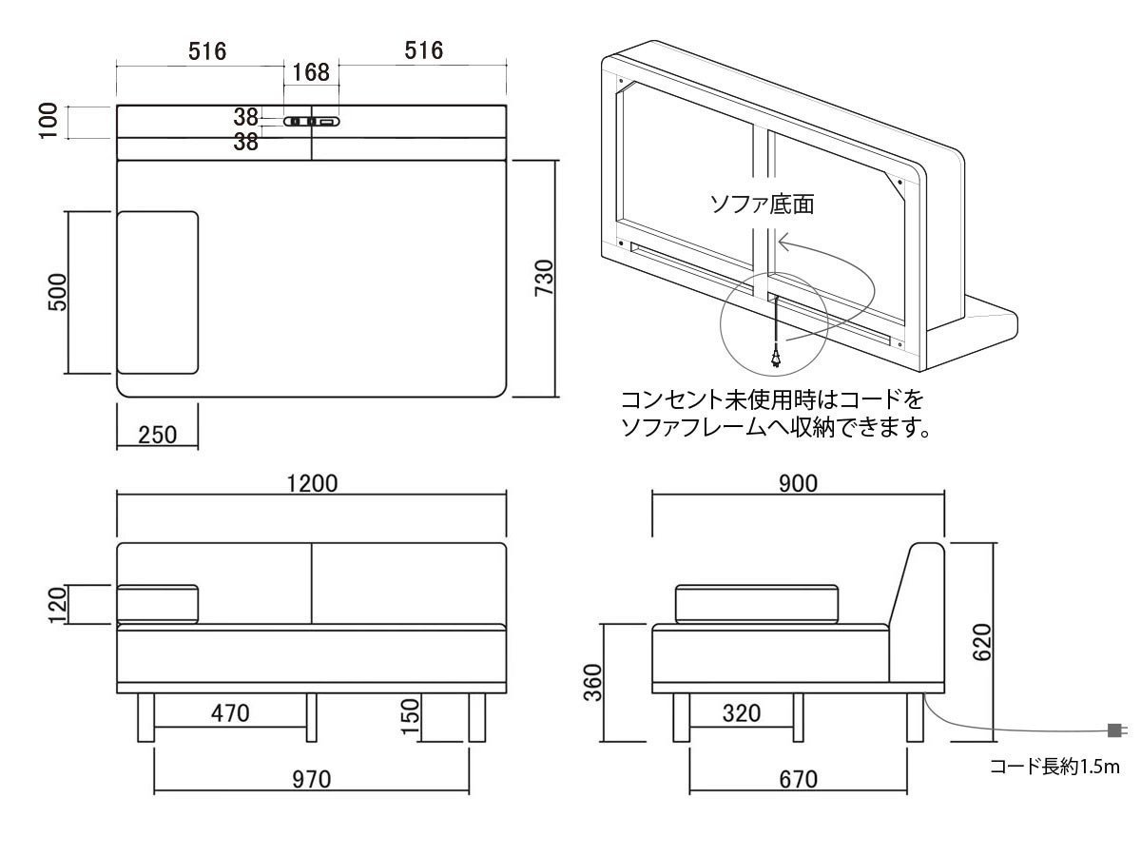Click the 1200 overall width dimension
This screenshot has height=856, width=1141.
tap(312, 483)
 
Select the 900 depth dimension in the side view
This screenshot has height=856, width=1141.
tap(798, 483)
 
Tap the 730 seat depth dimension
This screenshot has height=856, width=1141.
tap(543, 278)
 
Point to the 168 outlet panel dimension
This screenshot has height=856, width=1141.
tap(311, 72)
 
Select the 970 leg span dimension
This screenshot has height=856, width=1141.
tap(311, 780)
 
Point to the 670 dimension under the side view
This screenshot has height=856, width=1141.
tap(798, 780)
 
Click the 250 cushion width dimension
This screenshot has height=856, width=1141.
tap(157, 435)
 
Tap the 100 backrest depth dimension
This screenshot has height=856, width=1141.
tap(49, 121)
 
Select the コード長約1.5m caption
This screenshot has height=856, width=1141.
tap(1054, 767)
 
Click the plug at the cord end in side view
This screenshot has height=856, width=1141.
tap(1115, 730)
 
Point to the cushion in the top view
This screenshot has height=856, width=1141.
tap(158, 292)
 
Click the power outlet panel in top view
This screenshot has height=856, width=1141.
tap(311, 122)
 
